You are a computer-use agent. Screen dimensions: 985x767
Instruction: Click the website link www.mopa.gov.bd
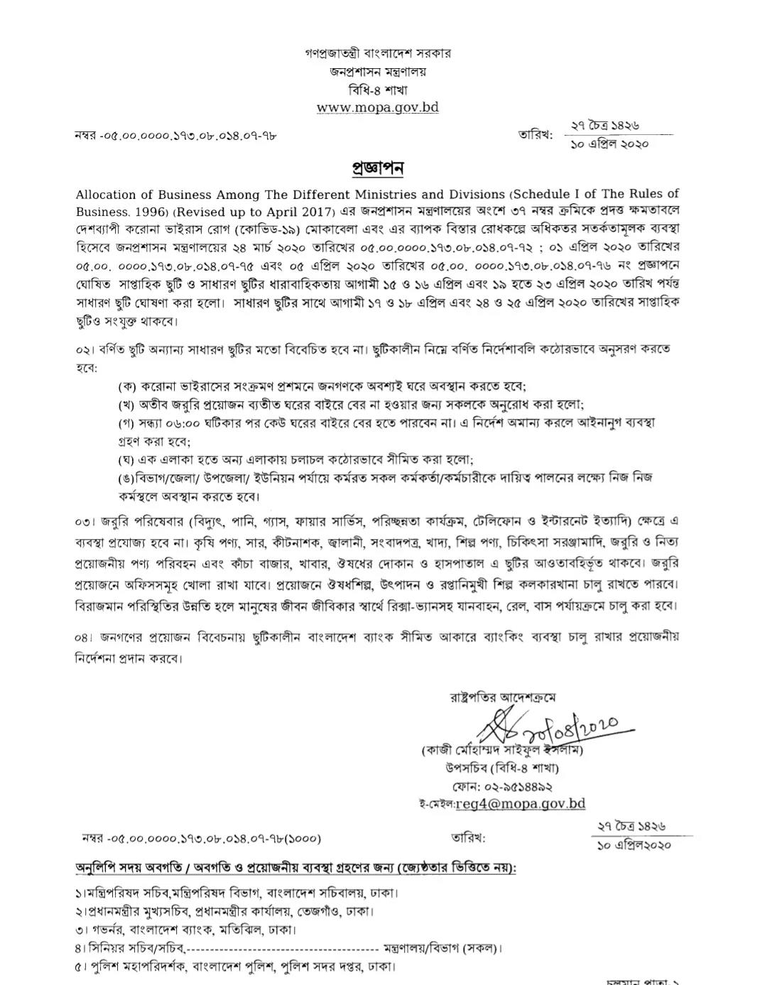point(377,108)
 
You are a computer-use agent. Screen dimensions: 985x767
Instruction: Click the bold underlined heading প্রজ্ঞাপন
point(378,168)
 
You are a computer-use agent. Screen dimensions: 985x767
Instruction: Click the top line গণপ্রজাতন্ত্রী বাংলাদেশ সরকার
point(378,53)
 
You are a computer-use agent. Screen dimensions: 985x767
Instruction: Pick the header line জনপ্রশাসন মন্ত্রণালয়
point(378,72)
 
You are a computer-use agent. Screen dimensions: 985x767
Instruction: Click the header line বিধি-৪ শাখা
point(378,90)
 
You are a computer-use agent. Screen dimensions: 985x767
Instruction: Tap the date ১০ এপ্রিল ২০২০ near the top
point(609,144)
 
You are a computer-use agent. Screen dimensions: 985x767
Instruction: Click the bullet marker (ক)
point(127,386)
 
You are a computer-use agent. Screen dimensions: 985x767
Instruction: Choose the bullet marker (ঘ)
point(127,459)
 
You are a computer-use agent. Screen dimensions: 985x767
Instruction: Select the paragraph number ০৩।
point(84,523)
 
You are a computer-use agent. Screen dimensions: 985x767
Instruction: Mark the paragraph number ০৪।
point(84,637)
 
